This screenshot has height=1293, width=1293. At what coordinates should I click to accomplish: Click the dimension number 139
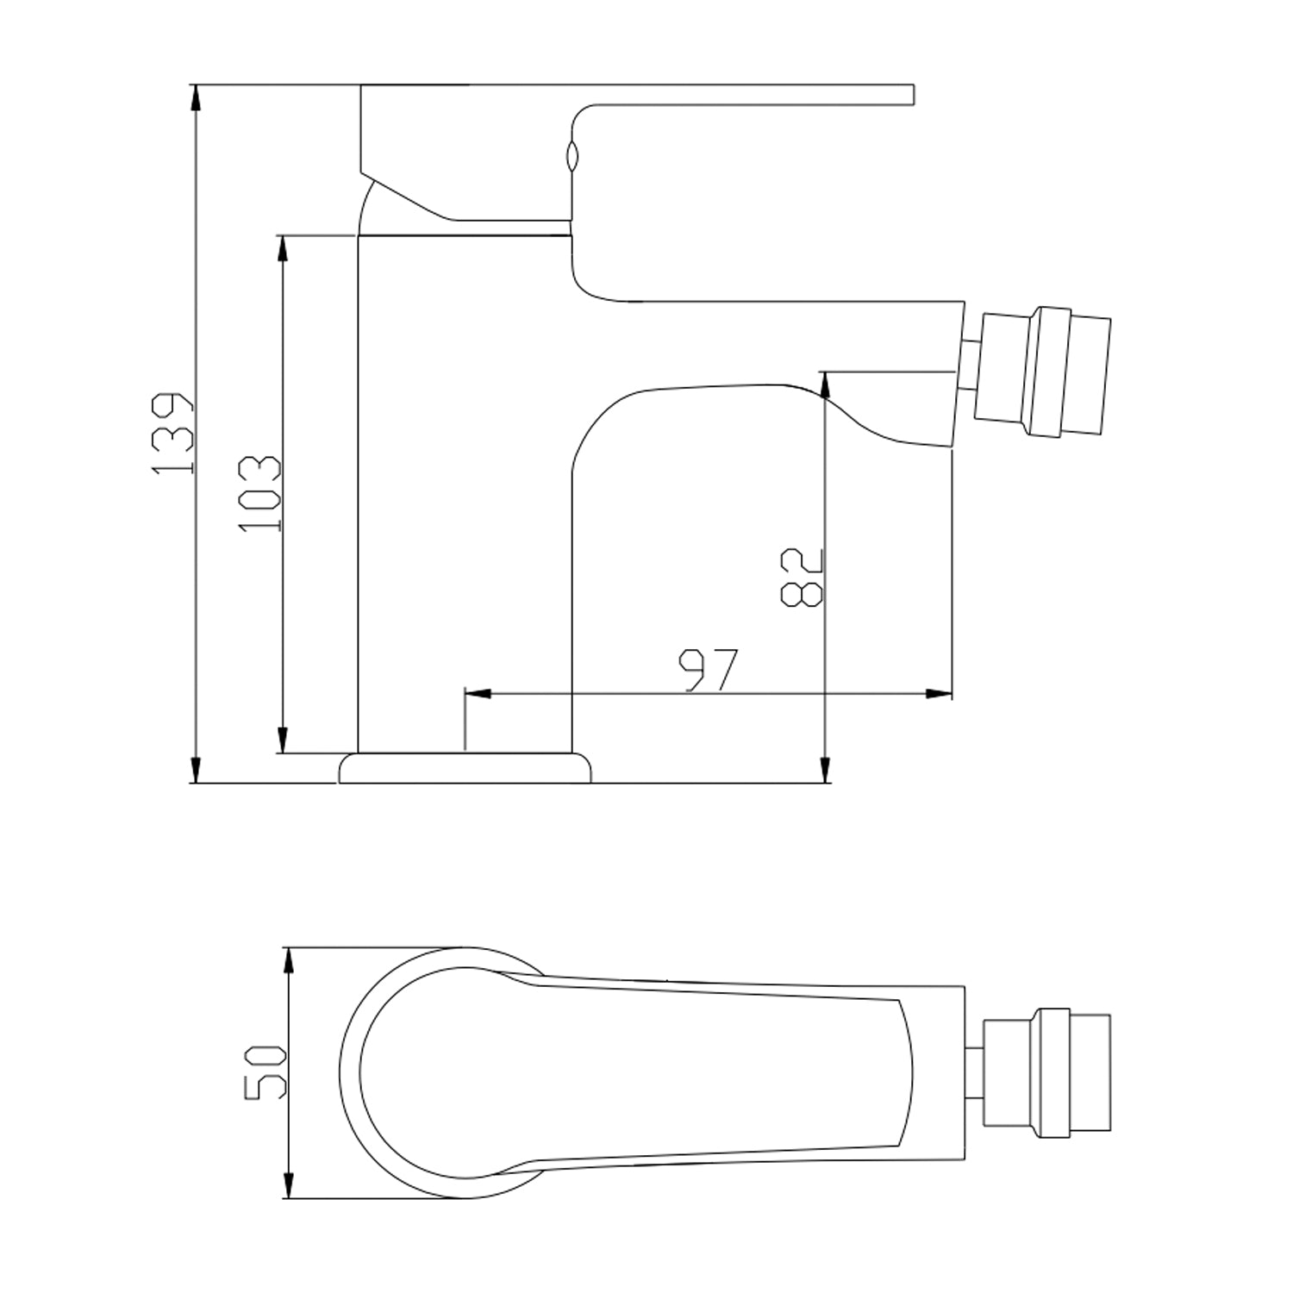pyautogui.click(x=171, y=434)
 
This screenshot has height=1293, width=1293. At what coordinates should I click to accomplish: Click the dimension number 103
pyautogui.click(x=259, y=493)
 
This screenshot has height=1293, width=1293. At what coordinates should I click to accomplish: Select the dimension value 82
pyautogui.click(x=803, y=578)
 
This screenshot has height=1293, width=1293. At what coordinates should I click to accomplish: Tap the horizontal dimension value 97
pyautogui.click(x=709, y=671)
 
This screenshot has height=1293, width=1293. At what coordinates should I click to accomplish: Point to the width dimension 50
pyautogui.click(x=264, y=1072)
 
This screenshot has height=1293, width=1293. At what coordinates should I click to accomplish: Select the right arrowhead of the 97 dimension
pyautogui.click(x=940, y=693)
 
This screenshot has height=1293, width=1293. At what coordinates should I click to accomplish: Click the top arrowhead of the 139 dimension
pyautogui.click(x=197, y=97)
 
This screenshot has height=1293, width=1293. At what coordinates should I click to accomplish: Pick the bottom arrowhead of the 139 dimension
pyautogui.click(x=197, y=770)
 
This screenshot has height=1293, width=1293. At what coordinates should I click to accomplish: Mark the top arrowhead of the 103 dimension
pyautogui.click(x=281, y=247)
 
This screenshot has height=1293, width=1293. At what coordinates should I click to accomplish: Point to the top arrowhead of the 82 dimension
pyautogui.click(x=825, y=384)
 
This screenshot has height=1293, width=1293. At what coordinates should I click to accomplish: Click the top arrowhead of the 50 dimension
pyautogui.click(x=290, y=960)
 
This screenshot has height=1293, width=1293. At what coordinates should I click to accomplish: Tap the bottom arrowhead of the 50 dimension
pyautogui.click(x=290, y=1184)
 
